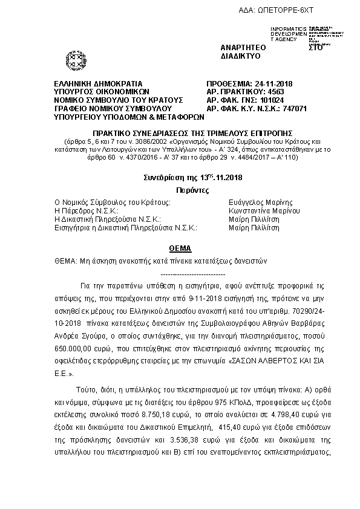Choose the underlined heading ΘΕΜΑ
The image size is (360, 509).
click(x=179, y=248)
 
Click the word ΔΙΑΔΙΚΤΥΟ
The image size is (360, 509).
click(x=241, y=56)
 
